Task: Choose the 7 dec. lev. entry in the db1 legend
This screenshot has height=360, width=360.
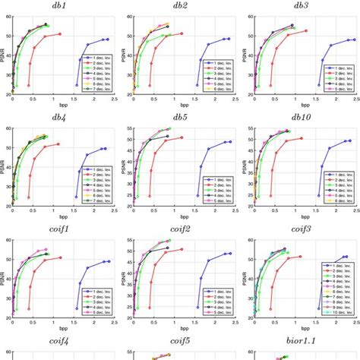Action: point(97,88)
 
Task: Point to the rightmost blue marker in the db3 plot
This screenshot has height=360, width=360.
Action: point(353,39)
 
